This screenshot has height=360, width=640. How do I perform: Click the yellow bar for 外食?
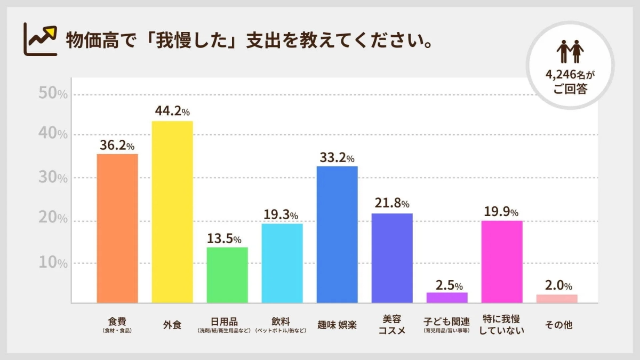(172, 212)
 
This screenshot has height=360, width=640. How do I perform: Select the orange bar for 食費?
(117, 228)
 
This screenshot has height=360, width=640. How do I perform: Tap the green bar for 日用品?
(227, 275)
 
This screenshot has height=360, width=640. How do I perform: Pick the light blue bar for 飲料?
(282, 263)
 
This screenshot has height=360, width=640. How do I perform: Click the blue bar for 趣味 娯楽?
(337, 235)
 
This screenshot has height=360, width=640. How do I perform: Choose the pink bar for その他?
(557, 299)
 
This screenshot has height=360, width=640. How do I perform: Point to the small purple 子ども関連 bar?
(447, 298)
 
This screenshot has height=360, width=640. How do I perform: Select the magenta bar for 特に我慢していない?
(502, 261)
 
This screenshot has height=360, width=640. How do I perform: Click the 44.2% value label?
(172, 111)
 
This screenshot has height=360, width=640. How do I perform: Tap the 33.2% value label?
(337, 157)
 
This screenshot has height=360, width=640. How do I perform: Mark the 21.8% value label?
(392, 204)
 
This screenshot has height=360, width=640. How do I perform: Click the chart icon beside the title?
(41, 39)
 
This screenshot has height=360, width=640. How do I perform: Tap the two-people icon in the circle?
(570, 52)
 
